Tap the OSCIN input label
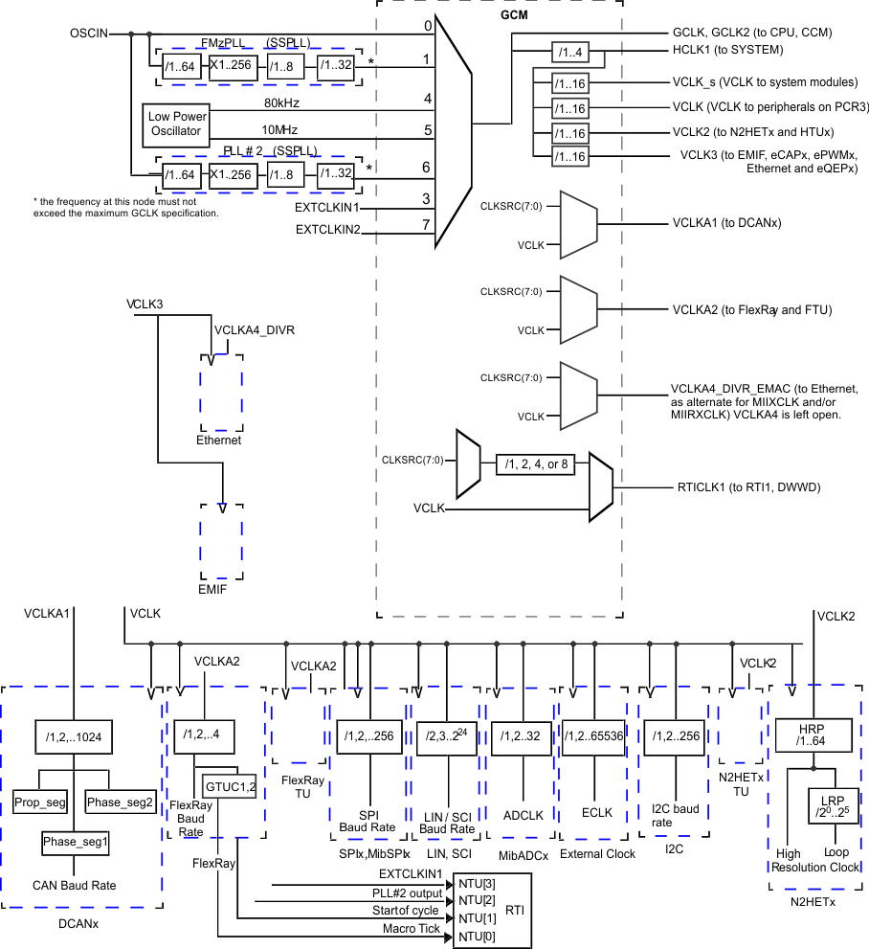[89, 34]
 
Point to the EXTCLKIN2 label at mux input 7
[328, 229]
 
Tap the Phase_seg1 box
[75, 843]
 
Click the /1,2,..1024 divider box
[74, 736]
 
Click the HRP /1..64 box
[813, 735]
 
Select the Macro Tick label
[412, 928]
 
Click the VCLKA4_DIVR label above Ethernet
[254, 329]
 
